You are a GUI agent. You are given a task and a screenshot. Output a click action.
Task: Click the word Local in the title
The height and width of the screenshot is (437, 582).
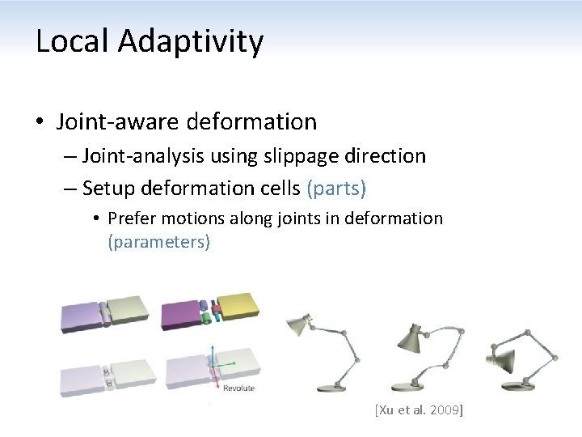[71, 41]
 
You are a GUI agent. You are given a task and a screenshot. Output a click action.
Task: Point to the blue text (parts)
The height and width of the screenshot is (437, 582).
[336, 189]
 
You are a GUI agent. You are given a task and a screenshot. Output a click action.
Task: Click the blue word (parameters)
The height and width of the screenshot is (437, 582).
[158, 242]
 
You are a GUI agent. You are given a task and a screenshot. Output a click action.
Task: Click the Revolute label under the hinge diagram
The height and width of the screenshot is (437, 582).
[238, 388]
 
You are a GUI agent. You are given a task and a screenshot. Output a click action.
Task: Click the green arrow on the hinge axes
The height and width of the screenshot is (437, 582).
[229, 364]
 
